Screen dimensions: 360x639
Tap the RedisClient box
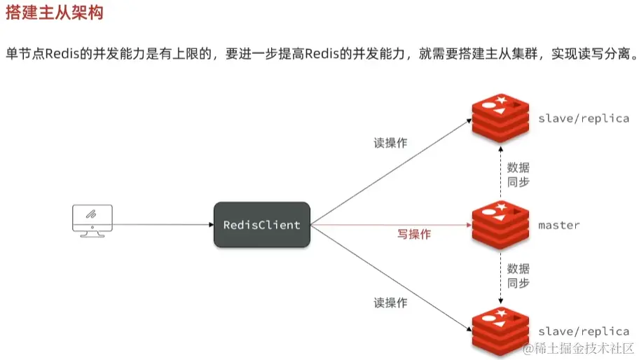[261, 225]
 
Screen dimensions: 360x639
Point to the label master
[558, 225]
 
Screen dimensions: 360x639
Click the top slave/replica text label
[583, 118]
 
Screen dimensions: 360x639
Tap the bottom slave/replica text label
[583, 331]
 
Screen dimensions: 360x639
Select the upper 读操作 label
[390, 143]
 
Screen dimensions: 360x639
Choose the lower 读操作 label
[390, 303]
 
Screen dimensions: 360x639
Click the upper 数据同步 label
[518, 174]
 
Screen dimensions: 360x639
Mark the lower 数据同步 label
[518, 276]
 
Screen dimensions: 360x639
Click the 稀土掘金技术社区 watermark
[578, 348]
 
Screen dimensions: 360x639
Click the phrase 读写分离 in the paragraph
[602, 56]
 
